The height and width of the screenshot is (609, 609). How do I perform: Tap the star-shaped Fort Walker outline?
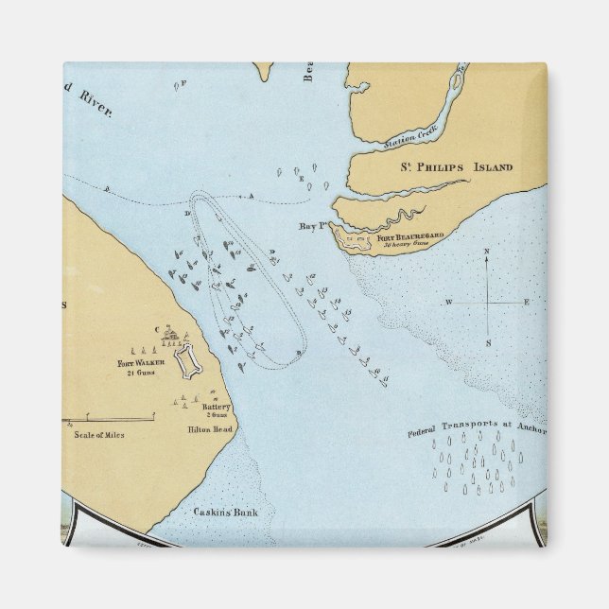tap(192, 359)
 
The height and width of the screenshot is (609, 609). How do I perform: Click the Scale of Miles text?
tap(97, 435)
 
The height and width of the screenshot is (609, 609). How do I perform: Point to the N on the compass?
tap(487, 252)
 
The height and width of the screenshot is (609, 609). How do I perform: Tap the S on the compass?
tap(488, 342)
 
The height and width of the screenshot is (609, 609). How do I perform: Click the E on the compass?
tap(528, 302)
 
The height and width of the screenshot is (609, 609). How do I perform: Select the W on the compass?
tap(450, 302)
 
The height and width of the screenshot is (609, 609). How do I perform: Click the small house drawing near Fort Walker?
tap(171, 335)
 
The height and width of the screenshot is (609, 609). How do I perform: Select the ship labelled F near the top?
tap(178, 85)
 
